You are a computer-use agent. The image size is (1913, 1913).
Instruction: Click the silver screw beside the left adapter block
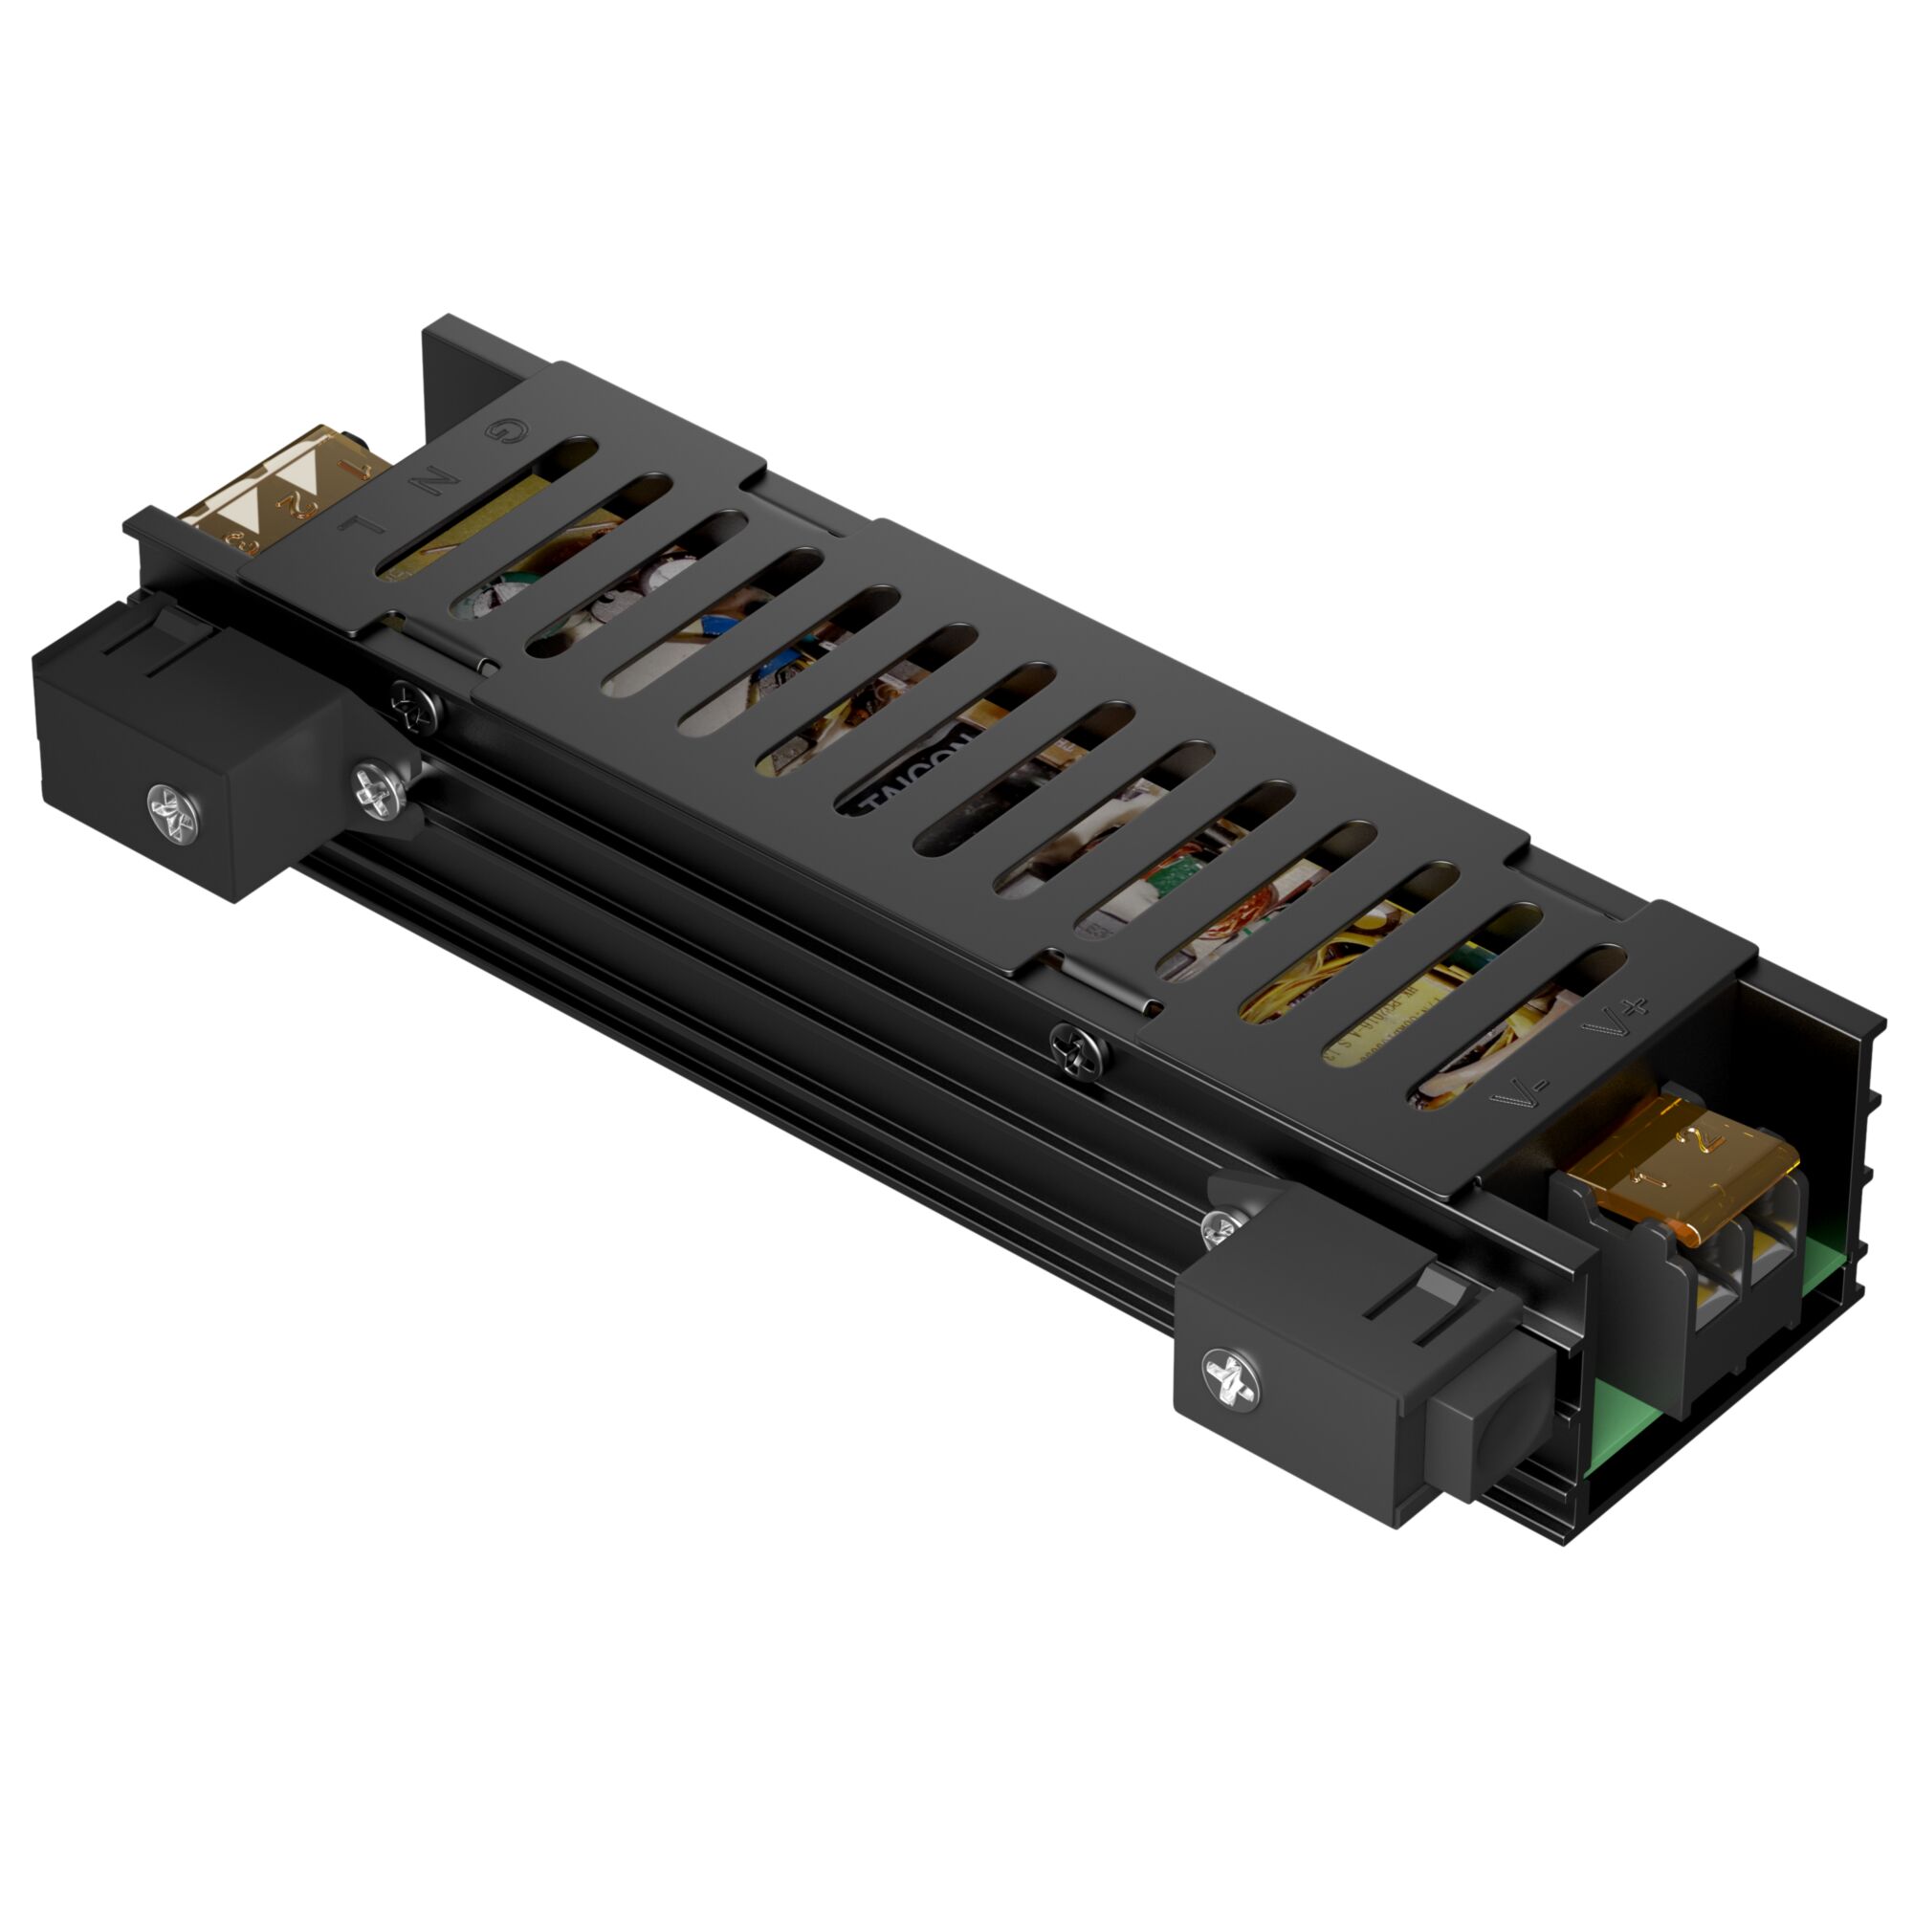click(x=379, y=789)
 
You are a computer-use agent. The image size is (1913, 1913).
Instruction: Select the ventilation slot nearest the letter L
click(x=485, y=510)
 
